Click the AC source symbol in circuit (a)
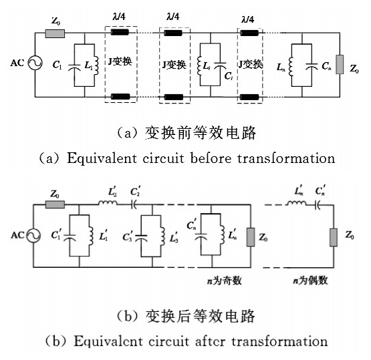click(35, 63)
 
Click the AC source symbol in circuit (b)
click(33, 235)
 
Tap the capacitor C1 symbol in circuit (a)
click(74, 67)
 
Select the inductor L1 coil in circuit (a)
click(96, 65)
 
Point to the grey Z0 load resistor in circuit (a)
click(340, 64)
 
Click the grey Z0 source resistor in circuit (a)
click(55, 33)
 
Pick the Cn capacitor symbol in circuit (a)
click(311, 66)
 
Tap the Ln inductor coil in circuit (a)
click(291, 66)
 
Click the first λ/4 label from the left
click(119, 17)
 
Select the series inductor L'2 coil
click(108, 202)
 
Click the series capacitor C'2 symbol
click(134, 205)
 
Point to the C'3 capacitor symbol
click(141, 237)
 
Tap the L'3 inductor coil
click(162, 236)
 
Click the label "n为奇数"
click(225, 281)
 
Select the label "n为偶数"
click(310, 281)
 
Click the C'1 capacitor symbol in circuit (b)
click(70, 237)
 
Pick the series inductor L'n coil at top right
click(295, 202)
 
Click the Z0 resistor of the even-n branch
click(334, 237)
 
